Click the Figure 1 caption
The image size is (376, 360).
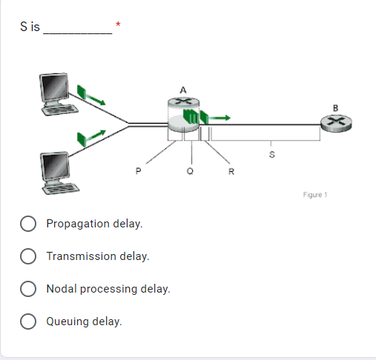(314, 195)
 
